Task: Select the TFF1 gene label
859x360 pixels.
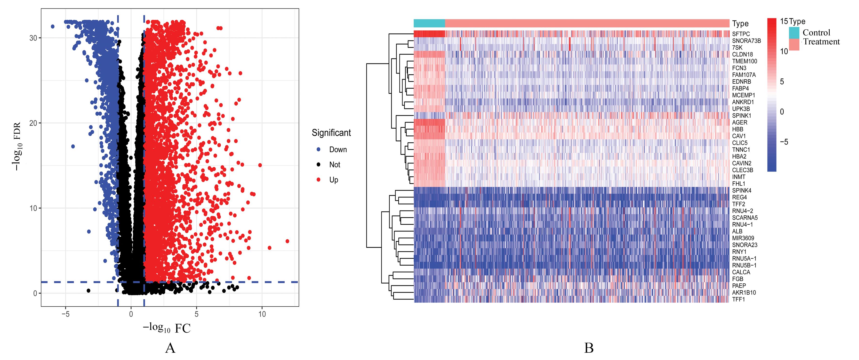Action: (738, 300)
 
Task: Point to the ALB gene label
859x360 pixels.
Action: (737, 231)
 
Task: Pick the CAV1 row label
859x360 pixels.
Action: (739, 136)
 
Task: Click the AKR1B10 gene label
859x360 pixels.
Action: (744, 293)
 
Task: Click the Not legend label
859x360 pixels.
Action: (335, 165)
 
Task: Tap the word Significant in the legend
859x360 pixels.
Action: (331, 133)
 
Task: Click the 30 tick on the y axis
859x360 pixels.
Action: (33, 38)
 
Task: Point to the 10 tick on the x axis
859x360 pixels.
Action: (262, 314)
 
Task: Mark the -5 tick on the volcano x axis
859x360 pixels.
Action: (66, 314)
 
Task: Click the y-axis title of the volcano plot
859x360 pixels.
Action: (17, 147)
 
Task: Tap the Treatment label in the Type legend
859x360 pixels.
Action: (821, 42)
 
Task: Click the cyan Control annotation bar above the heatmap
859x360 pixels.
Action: (429, 23)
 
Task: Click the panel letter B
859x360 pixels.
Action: (589, 348)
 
